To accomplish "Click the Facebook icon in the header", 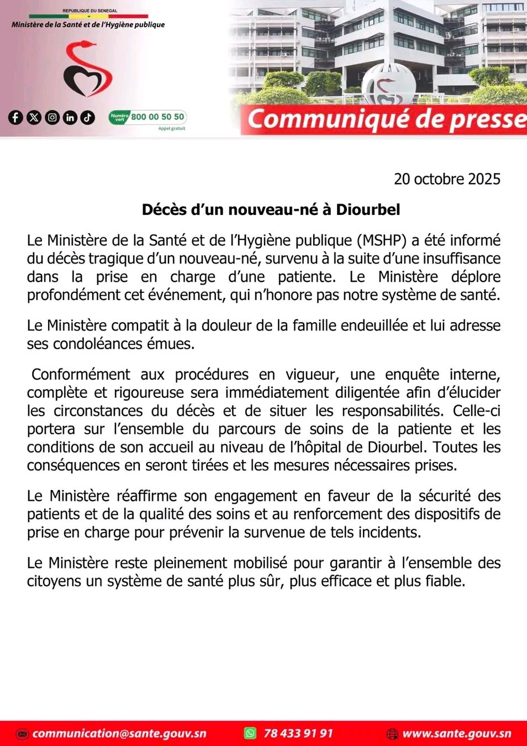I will click(15, 117).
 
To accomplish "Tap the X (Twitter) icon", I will click(34, 117).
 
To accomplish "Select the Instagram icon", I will click(52, 117).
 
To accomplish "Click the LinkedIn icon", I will click(70, 117).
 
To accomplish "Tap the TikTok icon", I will click(88, 117).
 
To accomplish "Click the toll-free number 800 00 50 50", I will click(157, 117).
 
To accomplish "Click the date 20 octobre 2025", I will click(446, 179).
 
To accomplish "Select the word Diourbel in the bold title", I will click(368, 210).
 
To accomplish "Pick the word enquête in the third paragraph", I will click(412, 375).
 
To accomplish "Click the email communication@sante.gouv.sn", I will click(119, 734).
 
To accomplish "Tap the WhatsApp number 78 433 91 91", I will click(298, 734).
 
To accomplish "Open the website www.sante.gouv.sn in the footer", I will click(457, 734).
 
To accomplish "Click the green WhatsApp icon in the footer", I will click(250, 733).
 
